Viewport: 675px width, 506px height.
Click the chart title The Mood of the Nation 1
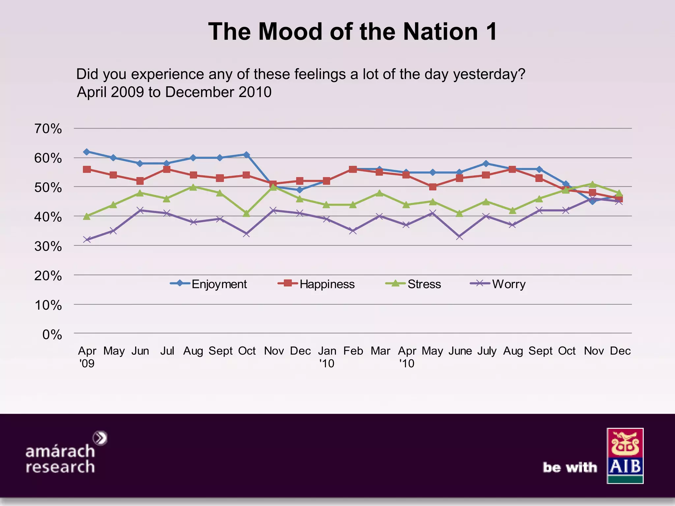coord(352,32)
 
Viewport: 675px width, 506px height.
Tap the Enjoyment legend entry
coord(209,284)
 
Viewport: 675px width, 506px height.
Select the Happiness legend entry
coord(316,284)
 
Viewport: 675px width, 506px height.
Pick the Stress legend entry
coord(414,284)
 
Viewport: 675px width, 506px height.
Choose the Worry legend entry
coord(498,284)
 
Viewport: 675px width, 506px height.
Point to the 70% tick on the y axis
coord(48,129)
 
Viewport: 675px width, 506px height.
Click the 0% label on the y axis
coord(52,335)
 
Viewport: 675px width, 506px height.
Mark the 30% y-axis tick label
coord(48,246)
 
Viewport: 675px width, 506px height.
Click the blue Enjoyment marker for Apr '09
coord(87,152)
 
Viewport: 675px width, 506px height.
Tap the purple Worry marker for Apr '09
coord(87,239)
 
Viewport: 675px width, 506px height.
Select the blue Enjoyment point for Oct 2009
coord(246,155)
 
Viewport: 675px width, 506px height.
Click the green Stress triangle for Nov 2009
coord(273,187)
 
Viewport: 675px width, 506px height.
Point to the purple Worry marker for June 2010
coord(459,237)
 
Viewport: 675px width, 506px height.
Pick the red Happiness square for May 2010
coord(433,187)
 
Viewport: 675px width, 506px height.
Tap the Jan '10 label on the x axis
coord(327,357)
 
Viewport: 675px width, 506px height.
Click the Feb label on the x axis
coord(353,351)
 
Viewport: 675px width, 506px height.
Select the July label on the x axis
coord(486,351)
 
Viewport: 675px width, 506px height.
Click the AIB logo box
coord(625,456)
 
